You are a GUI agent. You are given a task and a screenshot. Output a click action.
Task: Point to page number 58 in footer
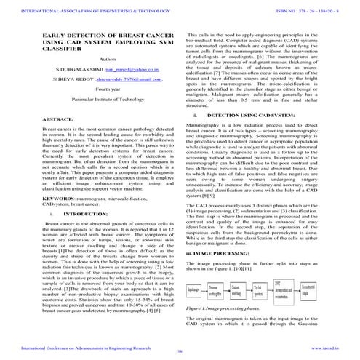179,351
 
